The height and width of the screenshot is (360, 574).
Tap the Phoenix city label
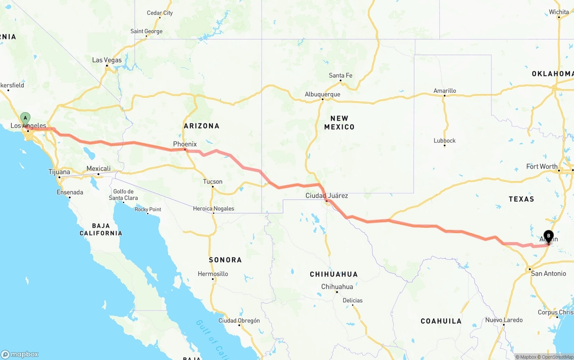pyautogui.click(x=185, y=144)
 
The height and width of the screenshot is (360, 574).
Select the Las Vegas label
pyautogui.click(x=107, y=60)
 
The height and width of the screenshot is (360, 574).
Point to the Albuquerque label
pyautogui.click(x=322, y=94)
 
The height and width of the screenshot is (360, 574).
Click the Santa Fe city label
pyautogui.click(x=340, y=75)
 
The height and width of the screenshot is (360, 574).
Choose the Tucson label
pyautogui.click(x=213, y=182)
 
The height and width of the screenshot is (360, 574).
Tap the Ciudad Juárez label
pyautogui.click(x=326, y=195)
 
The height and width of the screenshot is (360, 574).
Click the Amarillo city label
pyautogui.click(x=444, y=91)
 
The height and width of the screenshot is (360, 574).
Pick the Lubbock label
pyautogui.click(x=444, y=140)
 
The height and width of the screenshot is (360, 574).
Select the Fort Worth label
pyautogui.click(x=542, y=166)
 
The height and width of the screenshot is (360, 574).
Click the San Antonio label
pyautogui.click(x=548, y=273)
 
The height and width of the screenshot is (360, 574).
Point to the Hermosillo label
pyautogui.click(x=213, y=273)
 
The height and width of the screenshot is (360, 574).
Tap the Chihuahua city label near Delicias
pyautogui.click(x=337, y=286)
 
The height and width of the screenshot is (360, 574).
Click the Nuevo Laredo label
pyautogui.click(x=504, y=320)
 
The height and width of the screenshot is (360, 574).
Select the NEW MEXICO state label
pyautogui.click(x=339, y=122)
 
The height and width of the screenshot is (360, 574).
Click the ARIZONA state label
pyautogui.click(x=201, y=126)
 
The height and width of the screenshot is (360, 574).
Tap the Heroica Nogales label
pyautogui.click(x=213, y=208)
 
